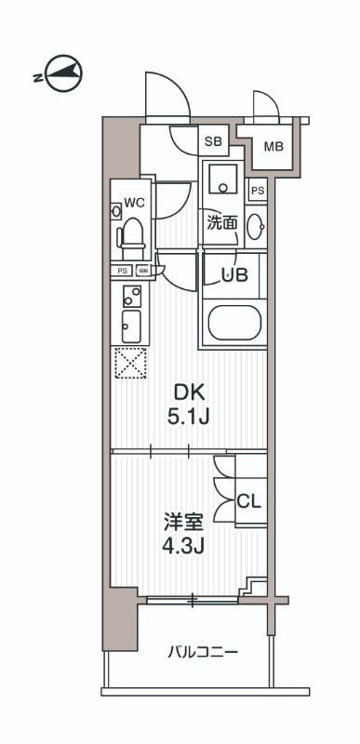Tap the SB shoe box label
(x=213, y=141)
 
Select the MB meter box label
(x=273, y=147)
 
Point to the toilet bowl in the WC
(x=132, y=236)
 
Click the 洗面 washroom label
(x=221, y=223)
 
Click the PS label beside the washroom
(x=258, y=191)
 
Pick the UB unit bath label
(x=233, y=274)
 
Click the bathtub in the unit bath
(x=233, y=323)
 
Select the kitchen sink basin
(x=131, y=325)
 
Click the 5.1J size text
(x=187, y=418)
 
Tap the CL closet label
(x=248, y=501)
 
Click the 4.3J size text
(x=183, y=545)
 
